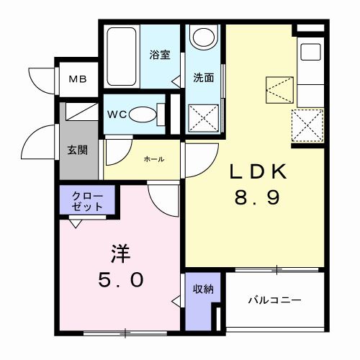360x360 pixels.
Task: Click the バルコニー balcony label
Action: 275,300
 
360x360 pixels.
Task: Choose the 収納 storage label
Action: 202,289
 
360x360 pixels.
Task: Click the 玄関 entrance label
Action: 78,150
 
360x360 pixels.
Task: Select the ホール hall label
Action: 153,159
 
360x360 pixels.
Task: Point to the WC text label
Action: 117,114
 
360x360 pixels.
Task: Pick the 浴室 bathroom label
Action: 159,55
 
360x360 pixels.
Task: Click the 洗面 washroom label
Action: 204,78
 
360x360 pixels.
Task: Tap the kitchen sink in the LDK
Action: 312,53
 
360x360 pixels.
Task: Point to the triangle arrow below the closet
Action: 76,223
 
